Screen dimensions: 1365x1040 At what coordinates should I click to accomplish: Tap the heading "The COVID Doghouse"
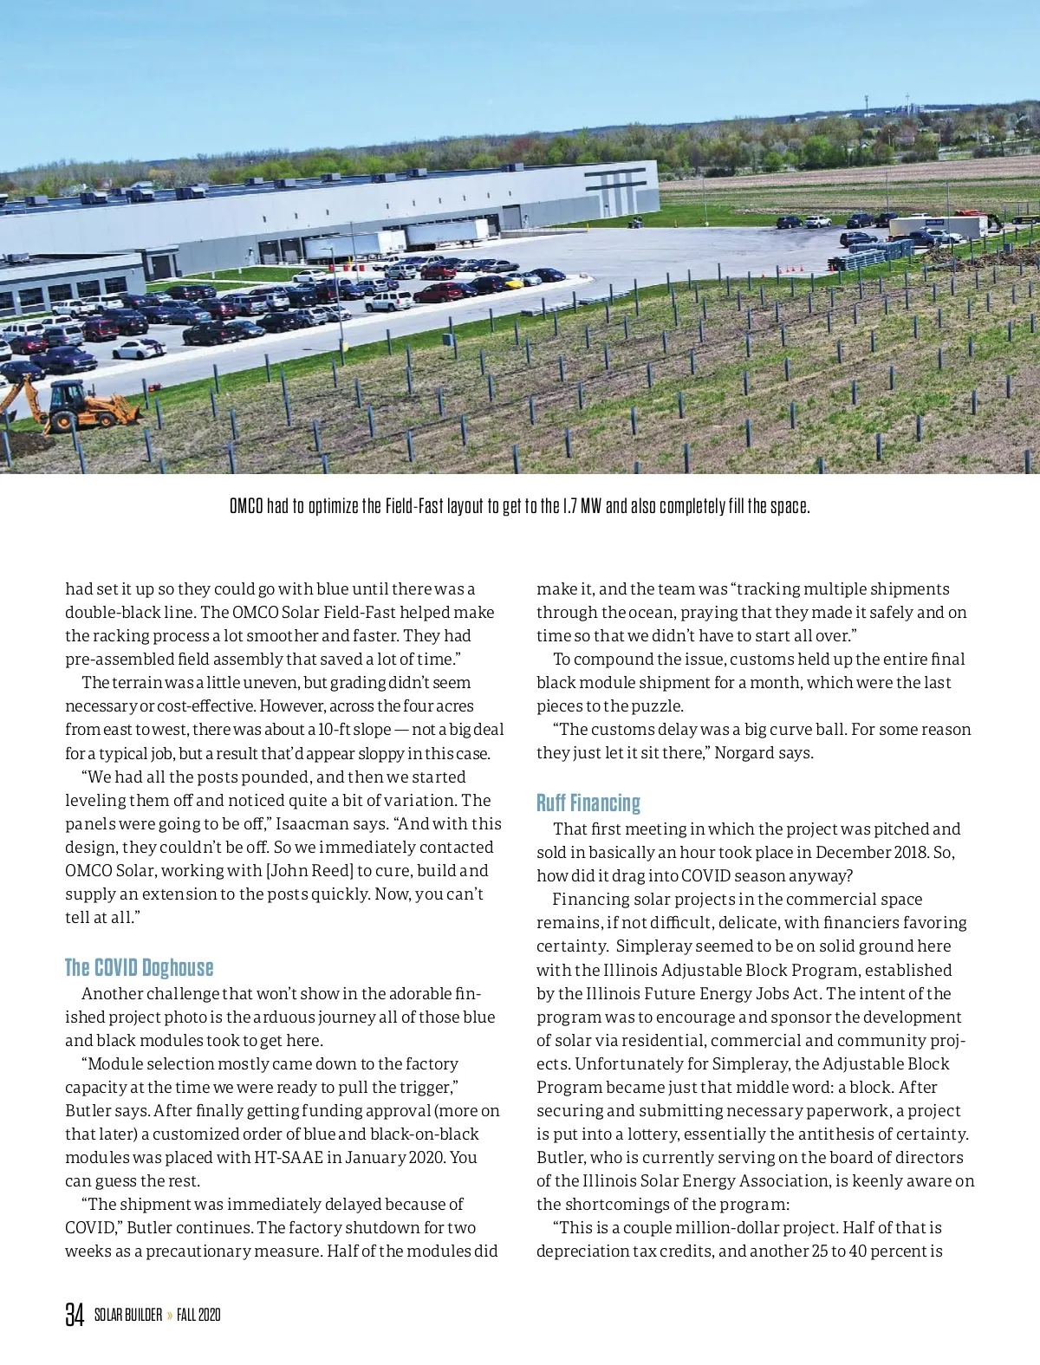[139, 967]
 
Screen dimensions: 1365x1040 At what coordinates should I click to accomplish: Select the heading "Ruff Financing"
[588, 803]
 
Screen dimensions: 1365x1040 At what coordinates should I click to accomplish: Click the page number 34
[75, 1315]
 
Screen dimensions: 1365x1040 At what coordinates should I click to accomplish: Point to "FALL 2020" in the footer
[198, 1315]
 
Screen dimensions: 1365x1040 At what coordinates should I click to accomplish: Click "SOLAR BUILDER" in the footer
[128, 1315]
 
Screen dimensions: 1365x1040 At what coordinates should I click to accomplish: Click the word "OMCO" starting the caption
[246, 506]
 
